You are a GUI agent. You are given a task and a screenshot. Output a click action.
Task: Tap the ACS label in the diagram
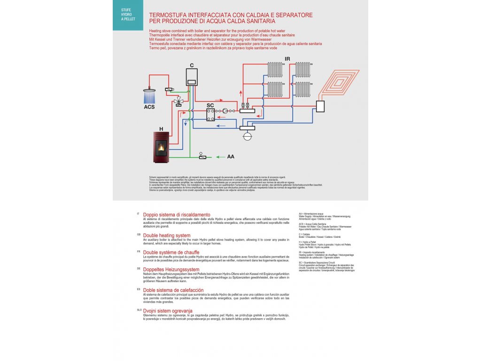click(149, 107)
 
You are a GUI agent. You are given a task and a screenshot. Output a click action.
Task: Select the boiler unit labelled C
click(192, 77)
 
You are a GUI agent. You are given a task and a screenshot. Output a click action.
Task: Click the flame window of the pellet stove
click(162, 147)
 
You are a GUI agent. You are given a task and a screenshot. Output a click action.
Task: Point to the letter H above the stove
click(161, 128)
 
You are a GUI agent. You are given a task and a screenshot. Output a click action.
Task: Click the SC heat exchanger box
click(211, 115)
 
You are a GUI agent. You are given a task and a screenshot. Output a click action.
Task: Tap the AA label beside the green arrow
click(230, 157)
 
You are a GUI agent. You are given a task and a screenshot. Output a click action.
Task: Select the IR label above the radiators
click(287, 59)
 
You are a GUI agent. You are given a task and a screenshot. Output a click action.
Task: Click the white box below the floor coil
click(320, 106)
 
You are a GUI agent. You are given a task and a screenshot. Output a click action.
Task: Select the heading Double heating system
click(167, 235)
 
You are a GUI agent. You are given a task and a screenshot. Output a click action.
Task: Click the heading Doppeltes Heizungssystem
click(171, 269)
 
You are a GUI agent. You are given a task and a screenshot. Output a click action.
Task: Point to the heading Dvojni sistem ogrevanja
click(168, 311)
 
